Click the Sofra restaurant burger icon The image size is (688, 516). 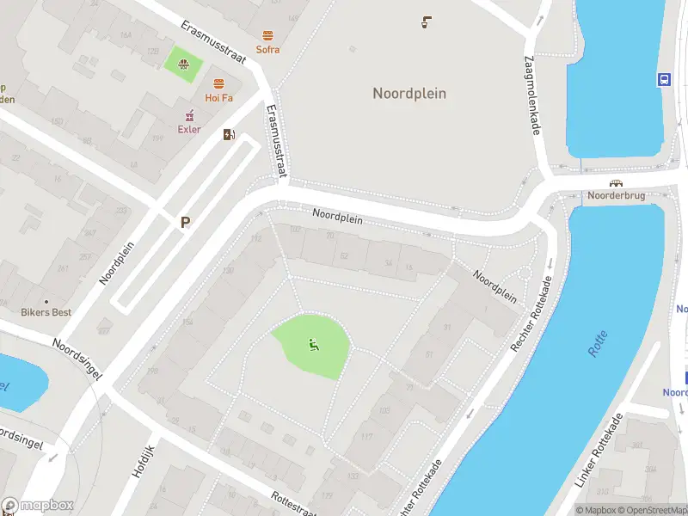(268, 36)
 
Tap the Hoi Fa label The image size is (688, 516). (218, 97)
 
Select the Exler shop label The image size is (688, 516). (189, 130)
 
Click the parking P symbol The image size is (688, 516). (184, 222)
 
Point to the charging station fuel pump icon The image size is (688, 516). (229, 134)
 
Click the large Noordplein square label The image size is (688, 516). (409, 93)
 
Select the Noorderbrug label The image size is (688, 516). (615, 195)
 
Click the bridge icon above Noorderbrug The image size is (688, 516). (616, 182)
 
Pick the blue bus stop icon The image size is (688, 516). (665, 79)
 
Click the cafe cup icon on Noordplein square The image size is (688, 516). (426, 22)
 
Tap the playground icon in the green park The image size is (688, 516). (313, 346)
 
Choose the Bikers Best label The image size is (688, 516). (46, 312)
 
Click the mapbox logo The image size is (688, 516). (38, 506)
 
